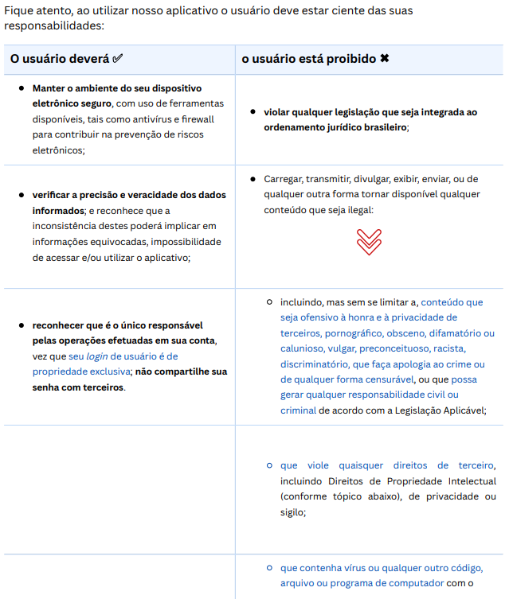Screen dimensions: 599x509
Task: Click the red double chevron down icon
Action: point(369,242)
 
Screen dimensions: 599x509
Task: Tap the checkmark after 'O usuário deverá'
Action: point(119,60)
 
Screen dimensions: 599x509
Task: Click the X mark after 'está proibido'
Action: point(385,60)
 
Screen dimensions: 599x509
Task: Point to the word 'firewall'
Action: point(206,119)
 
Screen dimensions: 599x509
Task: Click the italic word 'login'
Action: point(98,356)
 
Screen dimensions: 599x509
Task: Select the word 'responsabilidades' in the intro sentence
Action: point(53,25)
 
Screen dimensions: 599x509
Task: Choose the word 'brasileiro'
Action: point(380,127)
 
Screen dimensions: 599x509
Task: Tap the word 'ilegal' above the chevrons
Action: point(358,210)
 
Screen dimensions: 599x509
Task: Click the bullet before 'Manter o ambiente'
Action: point(22,88)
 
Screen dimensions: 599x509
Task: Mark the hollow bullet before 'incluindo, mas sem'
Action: point(270,302)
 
